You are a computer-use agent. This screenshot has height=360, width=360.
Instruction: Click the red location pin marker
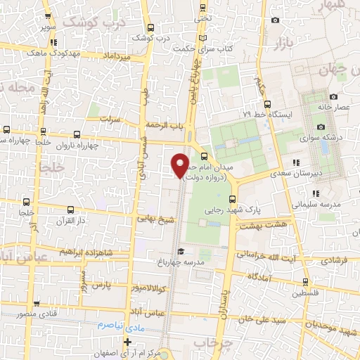click(x=180, y=165)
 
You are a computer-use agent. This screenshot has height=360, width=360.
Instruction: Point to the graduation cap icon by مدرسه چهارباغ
click(x=180, y=252)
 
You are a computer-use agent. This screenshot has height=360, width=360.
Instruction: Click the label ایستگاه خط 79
click(x=264, y=113)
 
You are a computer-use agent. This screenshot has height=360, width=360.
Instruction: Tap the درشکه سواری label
click(x=332, y=137)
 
